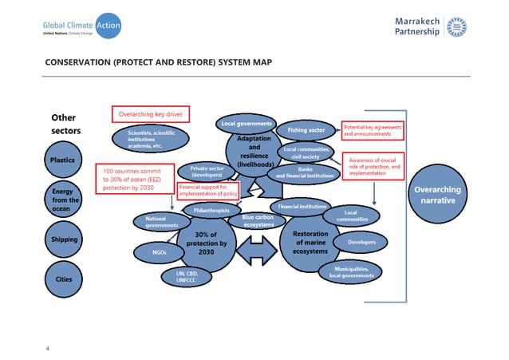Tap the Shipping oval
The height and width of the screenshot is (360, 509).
coord(63,239)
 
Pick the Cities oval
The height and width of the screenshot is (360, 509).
coord(63,279)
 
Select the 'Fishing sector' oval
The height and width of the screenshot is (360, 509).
coord(302,130)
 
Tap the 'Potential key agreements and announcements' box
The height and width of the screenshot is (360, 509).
coord(373,130)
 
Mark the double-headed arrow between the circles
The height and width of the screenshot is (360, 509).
coord(253,250)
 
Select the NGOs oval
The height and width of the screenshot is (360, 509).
coord(160,252)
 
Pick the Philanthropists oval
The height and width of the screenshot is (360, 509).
coord(211,210)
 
